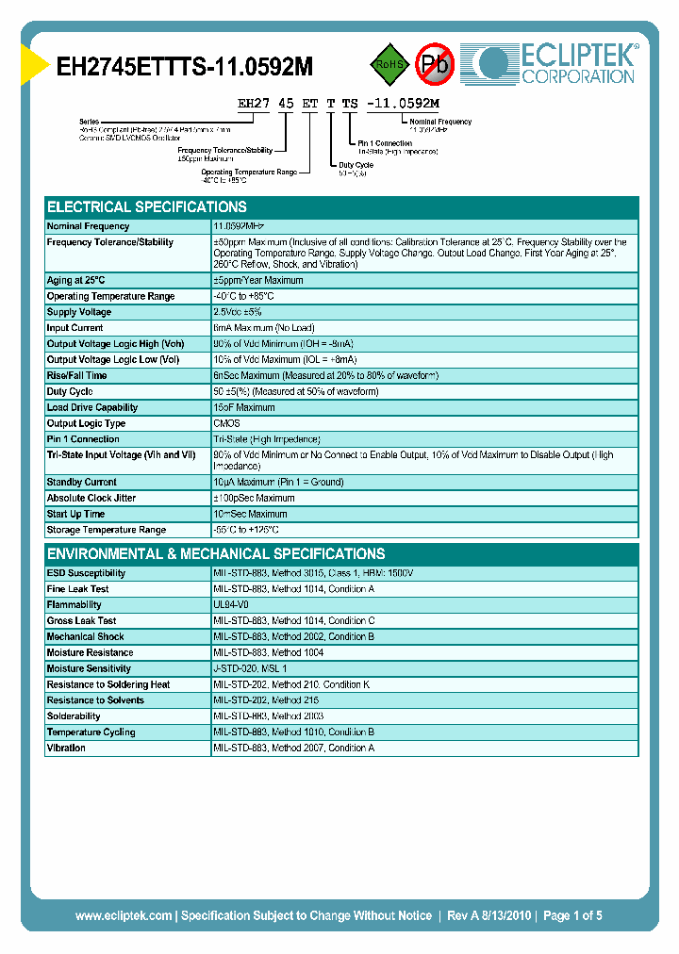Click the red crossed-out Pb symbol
click(435, 64)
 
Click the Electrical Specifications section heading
click(147, 206)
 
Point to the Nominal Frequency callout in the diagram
click(439, 122)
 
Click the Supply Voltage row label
click(79, 312)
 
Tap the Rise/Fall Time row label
click(77, 375)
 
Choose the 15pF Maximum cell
click(244, 407)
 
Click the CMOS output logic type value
click(226, 423)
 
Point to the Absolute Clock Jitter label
click(91, 498)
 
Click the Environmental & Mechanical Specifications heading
click(216, 553)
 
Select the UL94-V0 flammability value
click(231, 605)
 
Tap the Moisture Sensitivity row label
click(89, 668)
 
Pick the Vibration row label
click(66, 748)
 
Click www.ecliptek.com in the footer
click(124, 915)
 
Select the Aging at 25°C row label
click(76, 280)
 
